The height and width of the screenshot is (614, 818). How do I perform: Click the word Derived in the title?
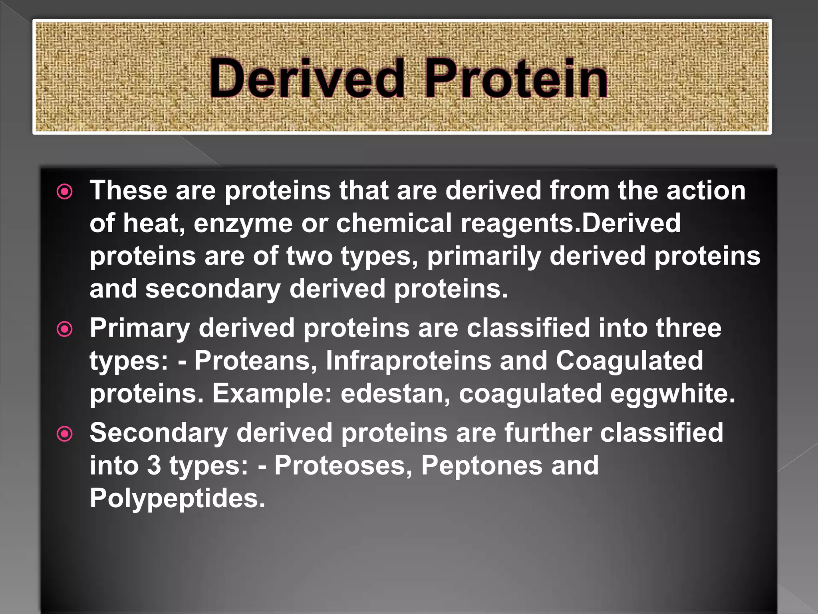click(307, 78)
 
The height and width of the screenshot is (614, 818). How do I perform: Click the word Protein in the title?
click(516, 78)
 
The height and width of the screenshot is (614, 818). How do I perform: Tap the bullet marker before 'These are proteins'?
click(65, 192)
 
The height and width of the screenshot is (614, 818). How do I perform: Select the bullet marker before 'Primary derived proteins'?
click(65, 329)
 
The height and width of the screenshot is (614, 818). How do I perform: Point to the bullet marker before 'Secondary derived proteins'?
click(65, 434)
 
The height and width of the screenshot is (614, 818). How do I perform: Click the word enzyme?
click(243, 224)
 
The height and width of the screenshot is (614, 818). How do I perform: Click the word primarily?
click(484, 257)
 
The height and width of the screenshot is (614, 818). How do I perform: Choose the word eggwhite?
click(673, 394)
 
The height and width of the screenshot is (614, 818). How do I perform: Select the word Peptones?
click(482, 466)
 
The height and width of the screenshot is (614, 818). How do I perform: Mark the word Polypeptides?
click(177, 499)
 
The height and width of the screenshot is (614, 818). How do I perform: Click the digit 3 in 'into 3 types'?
click(154, 466)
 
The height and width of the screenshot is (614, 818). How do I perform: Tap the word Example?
click(272, 394)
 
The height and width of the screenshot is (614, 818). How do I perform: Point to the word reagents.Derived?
click(570, 224)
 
